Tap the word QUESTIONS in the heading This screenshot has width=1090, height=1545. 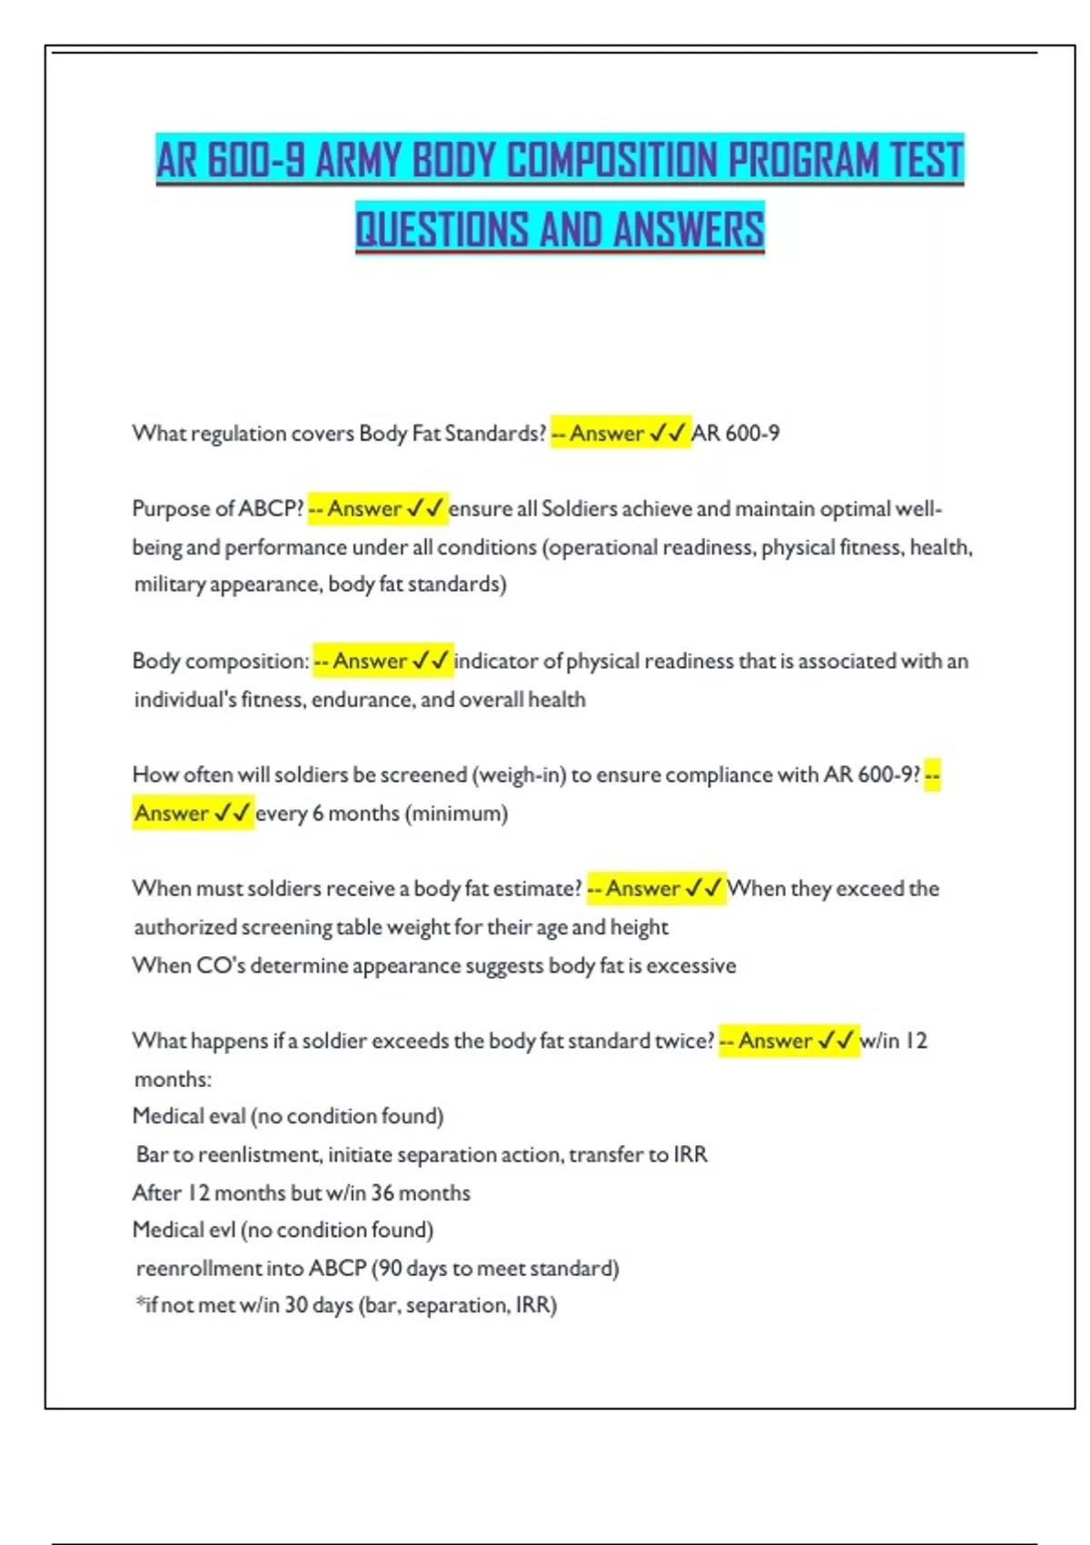click(441, 229)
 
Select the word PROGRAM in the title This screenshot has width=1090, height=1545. click(803, 161)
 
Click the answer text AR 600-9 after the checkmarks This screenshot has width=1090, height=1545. click(735, 434)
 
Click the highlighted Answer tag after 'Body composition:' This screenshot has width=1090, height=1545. click(370, 661)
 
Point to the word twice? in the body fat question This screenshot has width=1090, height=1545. click(685, 1041)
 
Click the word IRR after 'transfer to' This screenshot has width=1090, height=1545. click(690, 1154)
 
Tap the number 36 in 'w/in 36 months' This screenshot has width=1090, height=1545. click(381, 1192)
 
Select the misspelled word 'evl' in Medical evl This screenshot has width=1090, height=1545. click(221, 1230)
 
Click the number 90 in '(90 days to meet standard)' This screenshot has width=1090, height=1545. click(390, 1268)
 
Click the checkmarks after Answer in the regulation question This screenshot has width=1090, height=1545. click(668, 434)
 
